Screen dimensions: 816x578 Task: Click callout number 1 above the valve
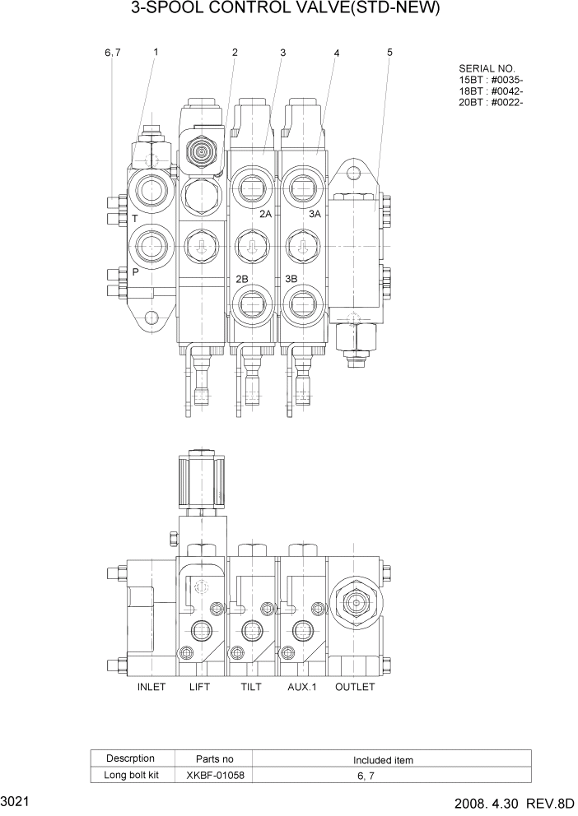[156, 52]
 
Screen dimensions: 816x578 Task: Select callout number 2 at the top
[235, 53]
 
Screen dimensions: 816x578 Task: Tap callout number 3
[282, 53]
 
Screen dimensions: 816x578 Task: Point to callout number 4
[337, 53]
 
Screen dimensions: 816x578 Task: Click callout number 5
[389, 53]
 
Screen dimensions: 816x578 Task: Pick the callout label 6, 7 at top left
[113, 53]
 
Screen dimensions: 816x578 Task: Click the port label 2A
[265, 214]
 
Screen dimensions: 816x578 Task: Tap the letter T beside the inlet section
[134, 220]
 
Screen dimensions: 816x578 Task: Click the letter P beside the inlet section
[134, 270]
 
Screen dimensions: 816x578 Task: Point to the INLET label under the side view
[151, 687]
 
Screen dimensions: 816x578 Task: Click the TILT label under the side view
[254, 687]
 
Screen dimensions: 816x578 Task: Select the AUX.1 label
[302, 687]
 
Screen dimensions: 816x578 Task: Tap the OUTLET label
[355, 687]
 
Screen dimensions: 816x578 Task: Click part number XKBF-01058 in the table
[215, 775]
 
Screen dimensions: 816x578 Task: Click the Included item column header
[383, 760]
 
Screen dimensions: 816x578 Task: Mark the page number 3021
[17, 800]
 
